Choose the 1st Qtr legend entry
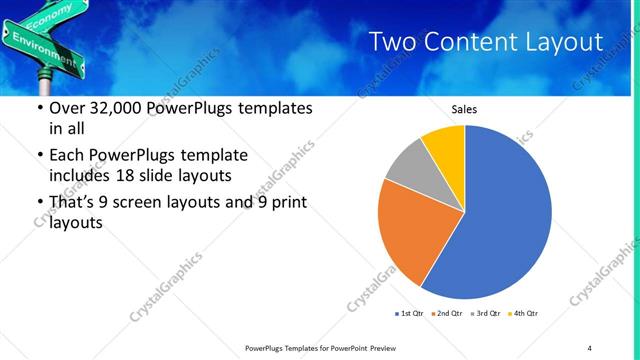(x=410, y=314)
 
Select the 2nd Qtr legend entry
(x=446, y=314)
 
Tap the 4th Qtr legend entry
(x=523, y=314)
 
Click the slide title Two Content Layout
(x=485, y=42)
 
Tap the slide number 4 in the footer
(x=590, y=347)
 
